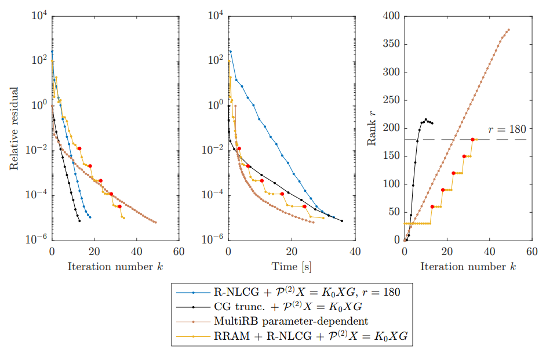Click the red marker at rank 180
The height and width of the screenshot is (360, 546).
click(x=472, y=139)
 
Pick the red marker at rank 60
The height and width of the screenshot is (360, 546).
click(x=432, y=206)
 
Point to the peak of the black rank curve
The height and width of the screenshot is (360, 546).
click(x=426, y=119)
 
